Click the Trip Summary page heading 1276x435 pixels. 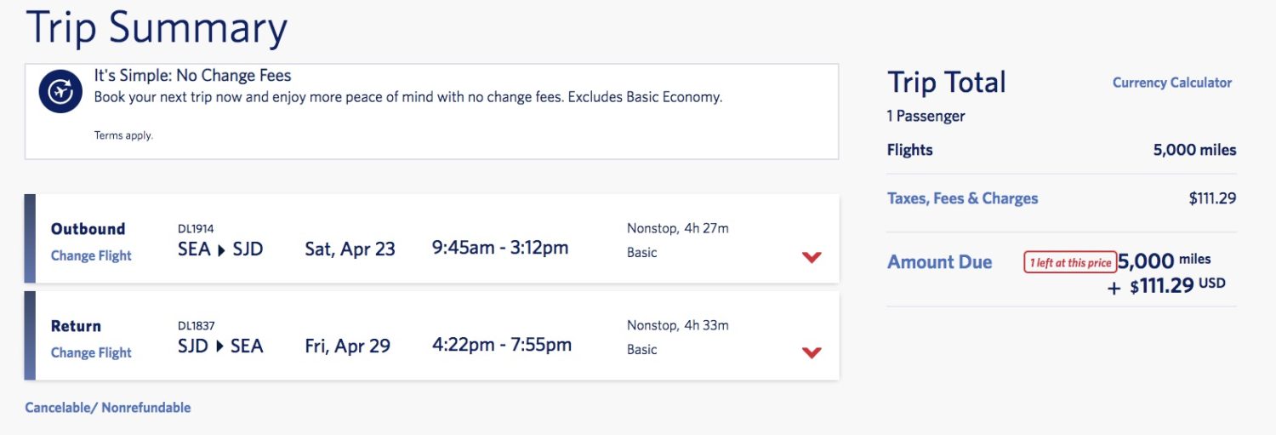click(157, 28)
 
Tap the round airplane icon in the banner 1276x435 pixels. click(60, 91)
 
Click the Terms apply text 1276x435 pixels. click(123, 135)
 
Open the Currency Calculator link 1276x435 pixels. click(1171, 83)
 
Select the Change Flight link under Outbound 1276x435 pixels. click(91, 255)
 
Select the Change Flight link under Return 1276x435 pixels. click(91, 352)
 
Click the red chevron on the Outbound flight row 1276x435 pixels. click(812, 257)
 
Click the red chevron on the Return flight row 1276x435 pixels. click(812, 352)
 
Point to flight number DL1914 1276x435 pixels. click(196, 229)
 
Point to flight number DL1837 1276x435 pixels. click(196, 325)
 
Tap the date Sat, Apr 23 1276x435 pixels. click(350, 249)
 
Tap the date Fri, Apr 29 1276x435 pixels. click(347, 346)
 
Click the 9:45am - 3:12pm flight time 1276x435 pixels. click(500, 248)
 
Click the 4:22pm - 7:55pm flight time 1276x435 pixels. click(502, 345)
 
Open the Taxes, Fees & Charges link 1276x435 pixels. click(963, 198)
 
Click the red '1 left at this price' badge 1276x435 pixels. click(1070, 262)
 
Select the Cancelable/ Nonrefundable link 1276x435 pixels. click(108, 408)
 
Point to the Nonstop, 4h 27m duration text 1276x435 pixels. click(678, 229)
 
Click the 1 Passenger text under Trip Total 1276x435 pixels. click(926, 117)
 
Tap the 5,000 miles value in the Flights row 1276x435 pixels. click(1194, 150)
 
